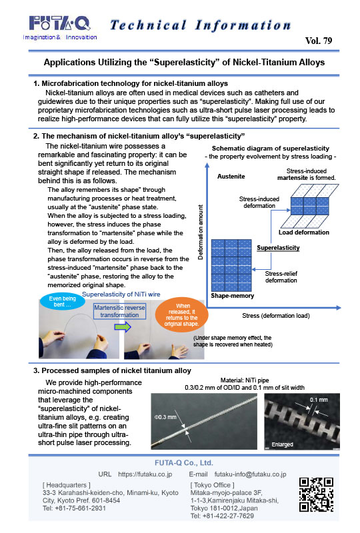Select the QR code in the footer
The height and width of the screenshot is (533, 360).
[x=315, y=494]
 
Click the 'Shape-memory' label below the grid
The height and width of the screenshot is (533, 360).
[x=229, y=294]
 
